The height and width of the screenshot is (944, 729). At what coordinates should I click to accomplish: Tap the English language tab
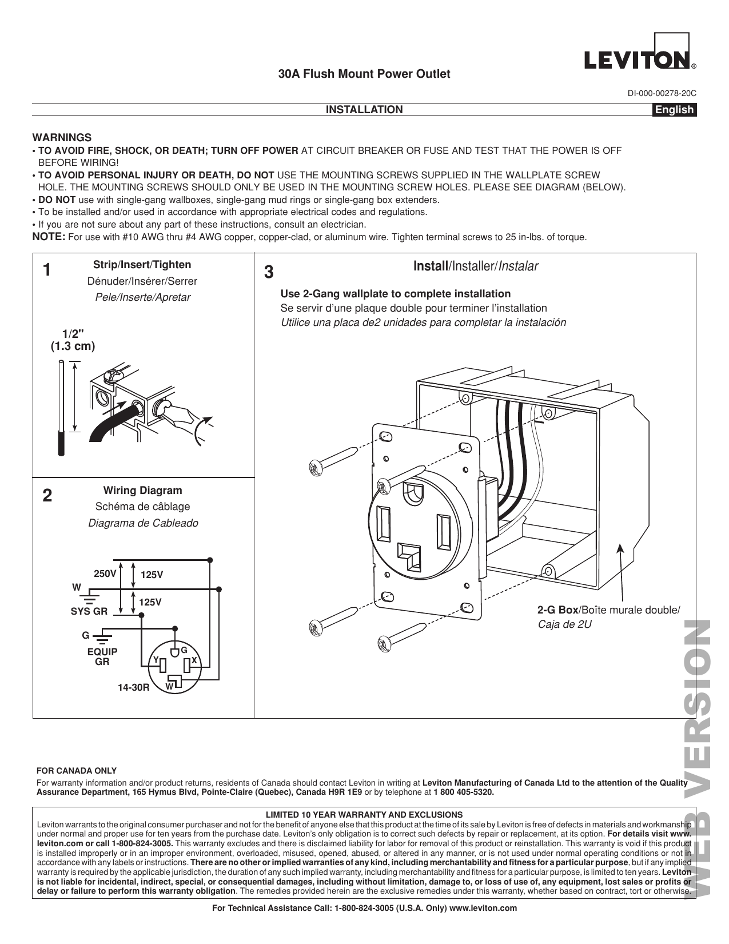(674, 110)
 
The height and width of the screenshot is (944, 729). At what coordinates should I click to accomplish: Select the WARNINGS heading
(62, 138)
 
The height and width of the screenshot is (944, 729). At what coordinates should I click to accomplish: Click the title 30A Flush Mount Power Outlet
(364, 74)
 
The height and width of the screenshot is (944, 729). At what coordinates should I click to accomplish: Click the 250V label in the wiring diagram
(105, 573)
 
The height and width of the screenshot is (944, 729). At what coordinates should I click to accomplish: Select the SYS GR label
(89, 611)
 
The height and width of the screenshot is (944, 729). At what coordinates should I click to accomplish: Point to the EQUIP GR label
(102, 657)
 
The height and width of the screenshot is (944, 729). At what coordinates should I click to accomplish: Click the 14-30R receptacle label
(134, 687)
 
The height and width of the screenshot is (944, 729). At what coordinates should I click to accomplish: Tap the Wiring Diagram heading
(142, 491)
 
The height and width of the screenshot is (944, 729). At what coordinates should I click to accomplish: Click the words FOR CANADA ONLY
(77, 771)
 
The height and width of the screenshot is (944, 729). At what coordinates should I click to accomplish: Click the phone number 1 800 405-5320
(463, 792)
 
